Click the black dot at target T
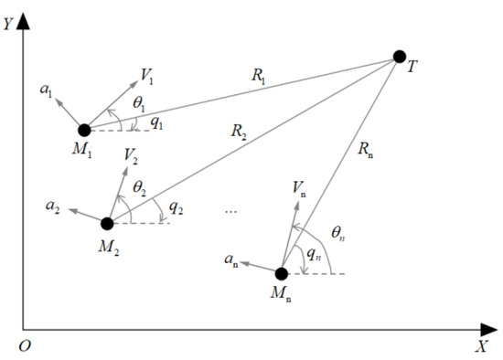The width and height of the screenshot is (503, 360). pyautogui.click(x=399, y=57)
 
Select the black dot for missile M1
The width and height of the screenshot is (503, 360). pyautogui.click(x=84, y=130)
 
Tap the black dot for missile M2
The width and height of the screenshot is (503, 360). pyautogui.click(x=107, y=223)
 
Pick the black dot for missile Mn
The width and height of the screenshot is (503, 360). pyautogui.click(x=282, y=272)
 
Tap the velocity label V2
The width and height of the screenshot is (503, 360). pyautogui.click(x=133, y=158)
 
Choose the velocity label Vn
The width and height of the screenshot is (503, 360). pyautogui.click(x=299, y=187)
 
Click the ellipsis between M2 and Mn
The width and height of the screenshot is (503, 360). pyautogui.click(x=230, y=211)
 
